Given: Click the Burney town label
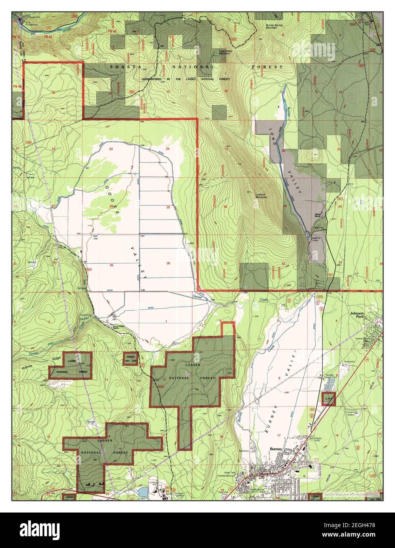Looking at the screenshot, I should (275, 449).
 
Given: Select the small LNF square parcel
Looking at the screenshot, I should (328, 399).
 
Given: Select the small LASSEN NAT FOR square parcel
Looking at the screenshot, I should (131, 358).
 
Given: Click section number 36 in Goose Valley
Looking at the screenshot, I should (168, 263).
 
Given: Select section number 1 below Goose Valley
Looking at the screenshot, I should (166, 322).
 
